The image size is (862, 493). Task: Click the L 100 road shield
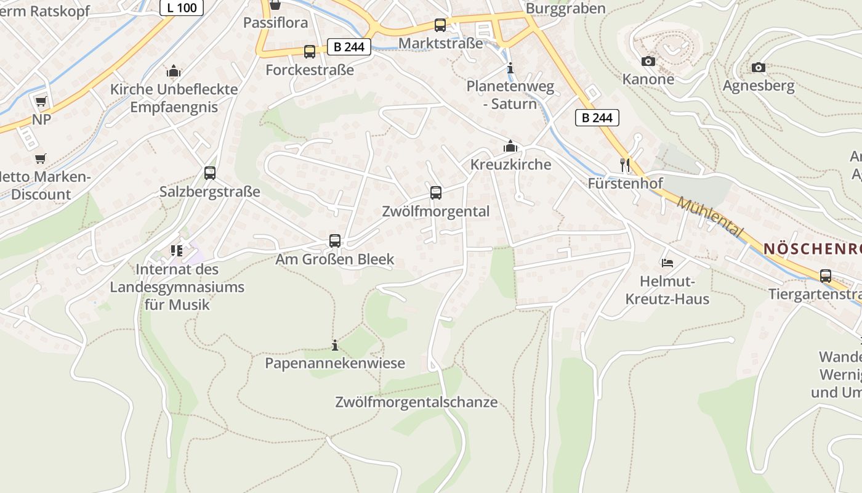[182, 8]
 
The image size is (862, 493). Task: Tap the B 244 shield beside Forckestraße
[349, 47]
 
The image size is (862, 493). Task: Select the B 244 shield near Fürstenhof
[597, 118]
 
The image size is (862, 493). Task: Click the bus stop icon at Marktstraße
[440, 25]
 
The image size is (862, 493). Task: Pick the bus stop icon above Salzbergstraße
[210, 173]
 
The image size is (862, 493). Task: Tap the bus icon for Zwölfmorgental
[436, 193]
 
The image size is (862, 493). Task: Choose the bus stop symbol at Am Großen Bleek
[335, 241]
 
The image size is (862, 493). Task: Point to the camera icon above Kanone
[648, 61]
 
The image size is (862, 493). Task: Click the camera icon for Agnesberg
[759, 67]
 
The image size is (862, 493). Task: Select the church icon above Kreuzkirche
[510, 146]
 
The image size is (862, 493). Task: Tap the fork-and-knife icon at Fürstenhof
[625, 165]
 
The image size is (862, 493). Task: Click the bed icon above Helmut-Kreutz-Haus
[667, 263]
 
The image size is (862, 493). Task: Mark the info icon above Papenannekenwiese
[335, 345]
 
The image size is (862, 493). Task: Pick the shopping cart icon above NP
[41, 101]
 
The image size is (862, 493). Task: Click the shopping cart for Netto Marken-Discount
[41, 159]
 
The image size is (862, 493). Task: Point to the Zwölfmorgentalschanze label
[416, 402]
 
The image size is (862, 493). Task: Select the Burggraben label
[565, 9]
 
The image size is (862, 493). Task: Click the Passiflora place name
[275, 23]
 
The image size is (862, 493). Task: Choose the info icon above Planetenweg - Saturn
[510, 68]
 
